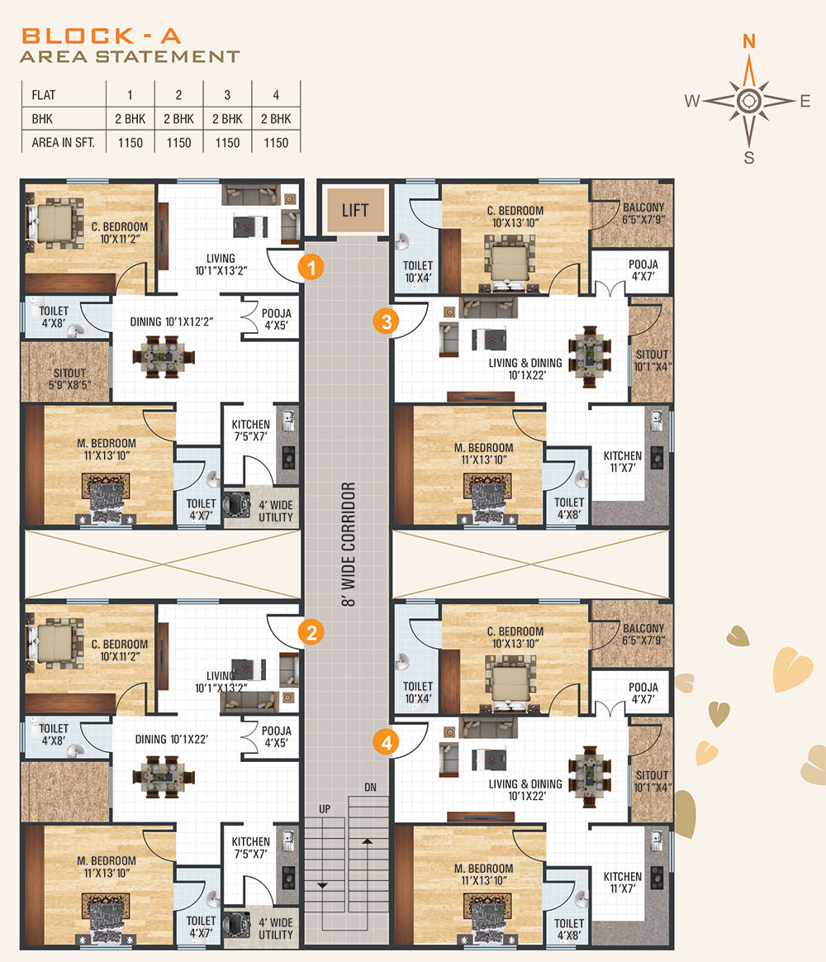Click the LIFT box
(355, 211)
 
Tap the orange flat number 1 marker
(311, 268)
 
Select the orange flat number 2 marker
(311, 632)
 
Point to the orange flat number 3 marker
(387, 321)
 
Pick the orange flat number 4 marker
(387, 742)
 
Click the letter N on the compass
(748, 41)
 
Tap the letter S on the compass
(748, 158)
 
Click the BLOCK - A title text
(101, 36)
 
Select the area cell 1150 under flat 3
(227, 143)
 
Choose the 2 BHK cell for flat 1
(130, 119)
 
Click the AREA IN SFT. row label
(63, 143)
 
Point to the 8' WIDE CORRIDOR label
(349, 544)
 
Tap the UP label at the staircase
(325, 809)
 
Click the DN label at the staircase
(370, 787)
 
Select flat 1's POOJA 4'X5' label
(277, 319)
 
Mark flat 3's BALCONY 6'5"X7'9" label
(643, 213)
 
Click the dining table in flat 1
(164, 356)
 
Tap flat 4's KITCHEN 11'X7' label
(623, 882)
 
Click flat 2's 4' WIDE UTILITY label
(275, 928)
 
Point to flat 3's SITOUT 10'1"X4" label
(652, 360)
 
